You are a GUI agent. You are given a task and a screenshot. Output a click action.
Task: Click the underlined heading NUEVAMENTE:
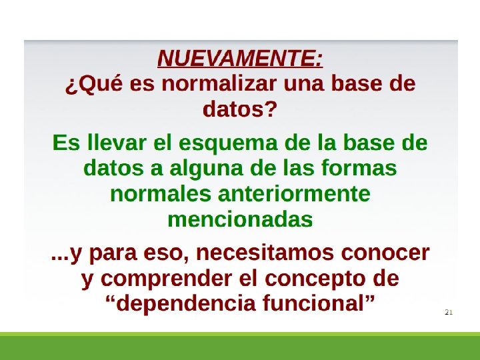coord(240,58)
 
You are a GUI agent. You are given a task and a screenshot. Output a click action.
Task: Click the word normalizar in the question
coord(219,83)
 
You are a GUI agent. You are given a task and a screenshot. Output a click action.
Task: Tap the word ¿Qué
coord(94,84)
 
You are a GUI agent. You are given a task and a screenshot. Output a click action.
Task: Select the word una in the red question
coord(304,84)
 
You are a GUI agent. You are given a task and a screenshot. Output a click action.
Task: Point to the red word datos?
coord(240,109)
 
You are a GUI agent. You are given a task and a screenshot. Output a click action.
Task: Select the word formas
coord(359,168)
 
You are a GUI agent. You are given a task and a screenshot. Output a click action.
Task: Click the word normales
coord(161,193)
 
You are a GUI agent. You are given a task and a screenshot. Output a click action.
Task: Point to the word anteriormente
coord(294,194)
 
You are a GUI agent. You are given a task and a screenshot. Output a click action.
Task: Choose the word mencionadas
coord(240,219)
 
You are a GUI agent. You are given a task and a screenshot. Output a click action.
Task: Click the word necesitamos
coord(265,253)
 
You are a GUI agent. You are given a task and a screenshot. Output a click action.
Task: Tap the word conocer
coord(385,254)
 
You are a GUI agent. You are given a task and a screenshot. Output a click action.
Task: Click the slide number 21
coord(449,312)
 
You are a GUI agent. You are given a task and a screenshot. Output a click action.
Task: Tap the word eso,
coord(166,254)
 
